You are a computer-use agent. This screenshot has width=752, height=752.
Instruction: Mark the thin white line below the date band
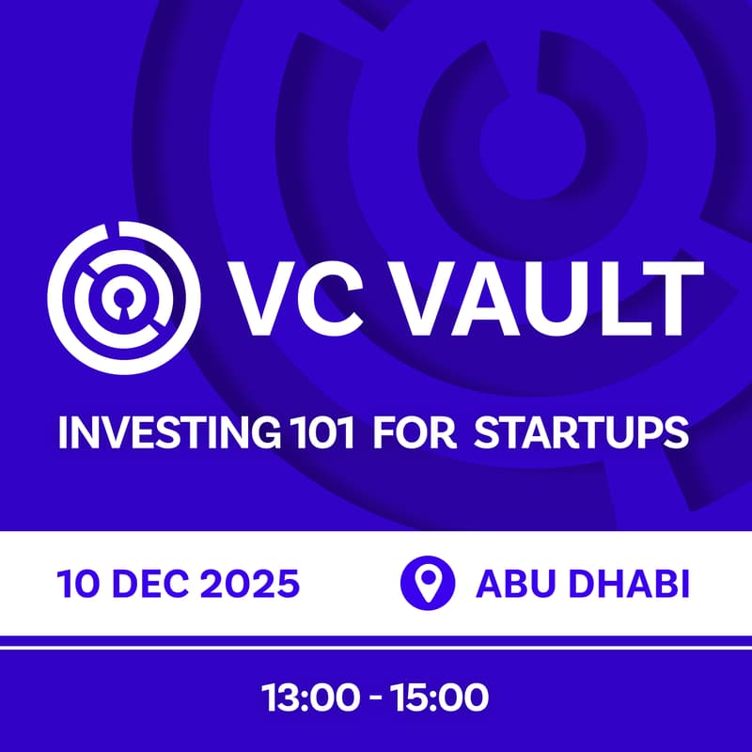tap(376, 642)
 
